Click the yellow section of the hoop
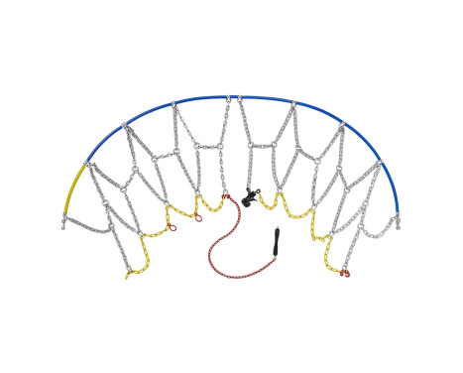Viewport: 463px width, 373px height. pyautogui.click(x=72, y=188)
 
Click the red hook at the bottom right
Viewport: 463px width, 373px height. pyautogui.click(x=345, y=272)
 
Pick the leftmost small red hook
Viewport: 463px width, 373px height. pyautogui.click(x=172, y=227)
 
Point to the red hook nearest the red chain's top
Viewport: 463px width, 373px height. pyautogui.click(x=224, y=197)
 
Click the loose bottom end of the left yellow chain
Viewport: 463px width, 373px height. pyautogui.click(x=127, y=276)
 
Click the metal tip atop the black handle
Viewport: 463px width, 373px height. pyautogui.click(x=279, y=229)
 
